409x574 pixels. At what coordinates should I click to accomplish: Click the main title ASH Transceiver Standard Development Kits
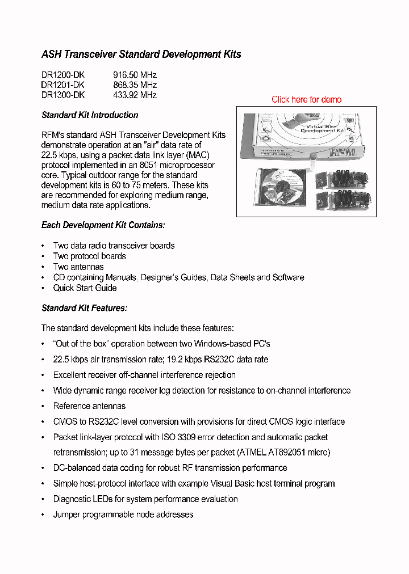[141, 54]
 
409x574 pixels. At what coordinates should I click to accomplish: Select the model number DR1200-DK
[63, 75]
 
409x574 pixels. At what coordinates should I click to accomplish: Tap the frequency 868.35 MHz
[135, 85]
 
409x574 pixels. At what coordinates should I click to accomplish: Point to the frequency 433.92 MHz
[135, 95]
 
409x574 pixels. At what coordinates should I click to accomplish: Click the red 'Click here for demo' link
[306, 100]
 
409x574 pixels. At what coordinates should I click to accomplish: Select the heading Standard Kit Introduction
[90, 115]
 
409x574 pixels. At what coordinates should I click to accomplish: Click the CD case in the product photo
[281, 190]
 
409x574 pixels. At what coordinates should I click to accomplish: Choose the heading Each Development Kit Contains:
[103, 225]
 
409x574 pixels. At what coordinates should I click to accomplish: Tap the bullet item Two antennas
[78, 267]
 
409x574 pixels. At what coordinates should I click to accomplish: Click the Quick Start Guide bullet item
[85, 288]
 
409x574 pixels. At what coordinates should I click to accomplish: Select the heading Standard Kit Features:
[84, 308]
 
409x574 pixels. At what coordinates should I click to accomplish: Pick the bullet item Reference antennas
[89, 406]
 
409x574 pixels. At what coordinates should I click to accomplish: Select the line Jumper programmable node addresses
[123, 514]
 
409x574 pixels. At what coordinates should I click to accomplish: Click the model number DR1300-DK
[63, 95]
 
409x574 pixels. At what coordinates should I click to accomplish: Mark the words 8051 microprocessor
[179, 165]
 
